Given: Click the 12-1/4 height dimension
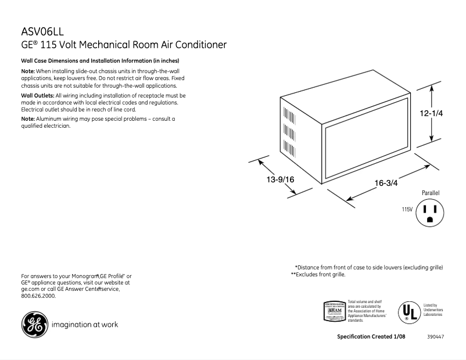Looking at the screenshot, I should point(432,114).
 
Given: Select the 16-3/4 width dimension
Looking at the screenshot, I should point(386,183).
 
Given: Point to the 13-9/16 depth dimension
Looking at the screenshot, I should point(281,180).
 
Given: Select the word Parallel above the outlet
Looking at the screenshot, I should point(431,192).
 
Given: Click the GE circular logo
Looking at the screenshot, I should point(34,325).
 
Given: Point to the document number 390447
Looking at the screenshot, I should point(436,337).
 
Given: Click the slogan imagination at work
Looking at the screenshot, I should point(85,325).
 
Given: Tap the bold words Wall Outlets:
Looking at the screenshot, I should point(37,95).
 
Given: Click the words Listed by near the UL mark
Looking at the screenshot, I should point(430,305).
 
